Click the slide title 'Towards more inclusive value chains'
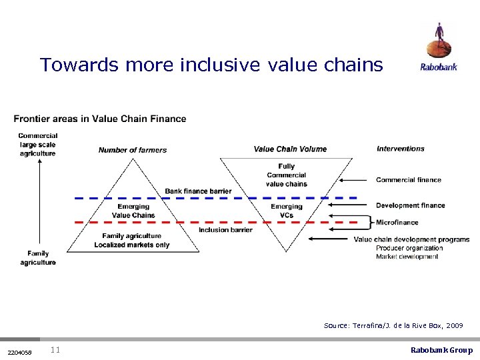(211, 65)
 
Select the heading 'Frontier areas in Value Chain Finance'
(100, 119)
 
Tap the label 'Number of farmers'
(133, 150)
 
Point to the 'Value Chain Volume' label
(290, 149)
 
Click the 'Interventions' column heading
(400, 149)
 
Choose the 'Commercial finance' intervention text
(408, 179)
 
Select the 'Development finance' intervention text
(410, 205)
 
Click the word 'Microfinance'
(397, 222)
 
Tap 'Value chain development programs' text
(411, 239)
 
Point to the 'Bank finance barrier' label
(198, 191)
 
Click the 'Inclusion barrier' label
(225, 230)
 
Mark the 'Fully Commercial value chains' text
(286, 175)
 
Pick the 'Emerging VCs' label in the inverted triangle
(286, 211)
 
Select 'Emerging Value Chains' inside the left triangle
(133, 211)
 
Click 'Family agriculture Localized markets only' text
(131, 240)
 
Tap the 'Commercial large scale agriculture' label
(38, 145)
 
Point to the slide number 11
(55, 350)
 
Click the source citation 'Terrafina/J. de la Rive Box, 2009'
(393, 325)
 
